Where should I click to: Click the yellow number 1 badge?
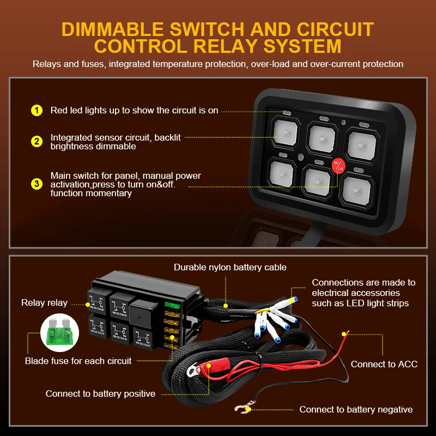(37, 111)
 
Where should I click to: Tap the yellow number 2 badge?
(37, 142)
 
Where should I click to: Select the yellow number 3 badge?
(37, 184)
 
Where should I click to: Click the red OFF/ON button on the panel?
(338, 165)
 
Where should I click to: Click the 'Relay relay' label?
(44, 303)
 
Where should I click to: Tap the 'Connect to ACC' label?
(384, 364)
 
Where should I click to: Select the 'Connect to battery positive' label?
(100, 393)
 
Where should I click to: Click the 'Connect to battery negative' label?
(356, 409)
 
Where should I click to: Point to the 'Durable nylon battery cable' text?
(230, 267)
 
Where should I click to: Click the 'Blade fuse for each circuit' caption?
(78, 361)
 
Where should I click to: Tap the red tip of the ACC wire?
(343, 333)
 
